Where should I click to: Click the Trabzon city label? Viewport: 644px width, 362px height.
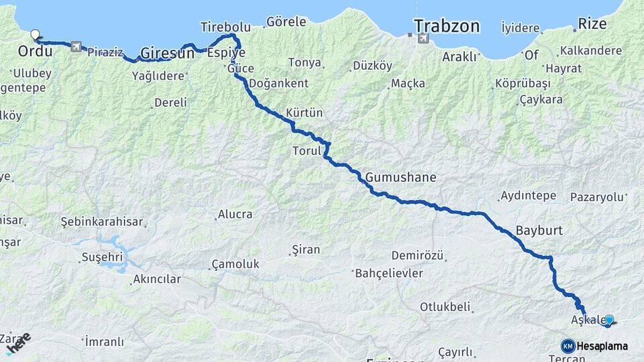click(447, 26)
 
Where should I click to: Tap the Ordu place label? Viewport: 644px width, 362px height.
click(35, 51)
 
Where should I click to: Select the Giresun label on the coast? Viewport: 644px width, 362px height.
click(167, 53)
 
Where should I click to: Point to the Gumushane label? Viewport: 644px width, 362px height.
click(401, 178)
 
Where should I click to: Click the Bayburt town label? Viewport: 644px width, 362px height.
click(539, 230)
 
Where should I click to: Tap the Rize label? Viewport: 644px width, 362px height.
click(592, 24)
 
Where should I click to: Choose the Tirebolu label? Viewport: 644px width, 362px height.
click(225, 27)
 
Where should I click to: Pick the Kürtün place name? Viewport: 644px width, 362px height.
click(305, 112)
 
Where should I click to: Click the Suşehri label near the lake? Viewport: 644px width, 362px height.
click(102, 256)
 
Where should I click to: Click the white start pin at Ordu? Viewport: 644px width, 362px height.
click(35, 33)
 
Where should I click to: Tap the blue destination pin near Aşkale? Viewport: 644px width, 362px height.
click(609, 320)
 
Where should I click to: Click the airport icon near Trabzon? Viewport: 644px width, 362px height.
click(423, 39)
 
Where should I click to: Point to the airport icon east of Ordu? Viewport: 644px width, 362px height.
click(75, 47)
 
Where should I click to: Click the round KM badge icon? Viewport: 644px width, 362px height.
click(568, 346)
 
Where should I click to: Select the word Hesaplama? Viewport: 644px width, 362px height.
click(602, 346)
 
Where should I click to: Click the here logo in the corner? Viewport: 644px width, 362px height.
click(17, 343)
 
